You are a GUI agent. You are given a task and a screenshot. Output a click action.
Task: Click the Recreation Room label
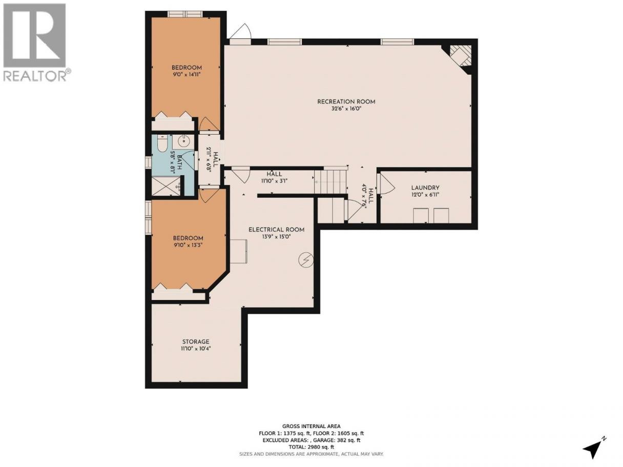click(x=346, y=101)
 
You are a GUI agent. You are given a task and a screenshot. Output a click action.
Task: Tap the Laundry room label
click(x=425, y=188)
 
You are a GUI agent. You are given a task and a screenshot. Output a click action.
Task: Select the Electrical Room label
click(x=277, y=230)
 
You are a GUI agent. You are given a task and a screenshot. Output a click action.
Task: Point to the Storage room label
click(x=196, y=342)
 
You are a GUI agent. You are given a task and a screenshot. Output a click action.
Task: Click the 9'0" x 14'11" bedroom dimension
click(x=186, y=75)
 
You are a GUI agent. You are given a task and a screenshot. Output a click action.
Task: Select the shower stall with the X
click(x=166, y=186)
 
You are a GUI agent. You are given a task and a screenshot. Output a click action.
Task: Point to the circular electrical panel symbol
click(x=306, y=260)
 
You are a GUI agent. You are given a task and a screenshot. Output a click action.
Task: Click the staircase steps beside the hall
click(x=330, y=182)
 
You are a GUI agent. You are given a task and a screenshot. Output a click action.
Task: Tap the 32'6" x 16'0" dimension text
click(x=346, y=109)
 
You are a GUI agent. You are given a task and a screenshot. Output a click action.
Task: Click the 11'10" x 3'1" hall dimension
click(x=274, y=181)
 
